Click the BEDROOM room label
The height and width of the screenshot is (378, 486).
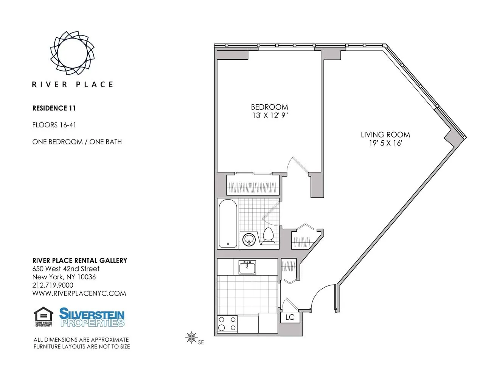click(x=269, y=107)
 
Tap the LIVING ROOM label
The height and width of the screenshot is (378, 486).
click(x=385, y=135)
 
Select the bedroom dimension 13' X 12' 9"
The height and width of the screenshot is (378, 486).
click(x=270, y=116)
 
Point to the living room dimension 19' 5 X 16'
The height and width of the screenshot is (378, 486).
click(x=385, y=143)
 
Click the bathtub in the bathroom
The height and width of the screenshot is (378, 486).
click(x=228, y=223)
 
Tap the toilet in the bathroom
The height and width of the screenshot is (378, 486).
click(x=268, y=236)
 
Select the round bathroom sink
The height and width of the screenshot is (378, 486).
click(x=249, y=239)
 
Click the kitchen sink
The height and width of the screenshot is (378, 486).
click(x=247, y=267)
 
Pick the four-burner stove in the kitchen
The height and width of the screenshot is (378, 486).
click(x=227, y=324)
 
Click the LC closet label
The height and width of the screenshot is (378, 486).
click(x=290, y=317)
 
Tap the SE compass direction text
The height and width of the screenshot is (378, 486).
click(x=201, y=342)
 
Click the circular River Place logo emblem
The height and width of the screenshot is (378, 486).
click(x=72, y=53)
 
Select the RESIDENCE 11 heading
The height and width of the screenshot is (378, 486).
click(x=54, y=108)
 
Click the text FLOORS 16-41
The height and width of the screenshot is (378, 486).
click(x=54, y=125)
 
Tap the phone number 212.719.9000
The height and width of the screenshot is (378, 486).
click(x=53, y=285)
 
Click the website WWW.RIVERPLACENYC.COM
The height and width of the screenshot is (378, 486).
click(x=79, y=293)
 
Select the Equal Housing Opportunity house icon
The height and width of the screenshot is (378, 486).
click(x=43, y=316)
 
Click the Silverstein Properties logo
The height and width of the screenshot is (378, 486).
click(x=92, y=317)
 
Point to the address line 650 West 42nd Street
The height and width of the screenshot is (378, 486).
click(x=66, y=269)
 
